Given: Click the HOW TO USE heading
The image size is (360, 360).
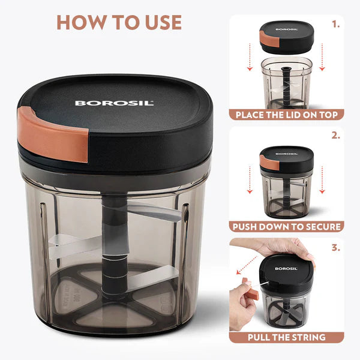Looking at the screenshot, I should click(x=118, y=22).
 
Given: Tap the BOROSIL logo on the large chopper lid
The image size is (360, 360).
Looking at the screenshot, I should click(x=114, y=103).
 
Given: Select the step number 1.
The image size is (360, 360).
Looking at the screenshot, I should click(x=335, y=25).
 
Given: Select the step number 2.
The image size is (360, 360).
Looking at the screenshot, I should click(x=335, y=136).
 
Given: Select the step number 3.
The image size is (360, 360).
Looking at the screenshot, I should click(x=335, y=247).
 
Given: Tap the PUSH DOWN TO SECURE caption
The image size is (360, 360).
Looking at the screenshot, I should click(x=286, y=227).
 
